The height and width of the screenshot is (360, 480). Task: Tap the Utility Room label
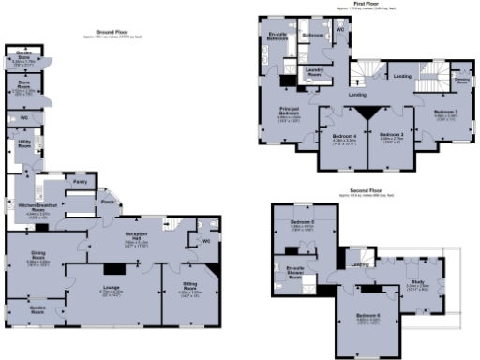24,143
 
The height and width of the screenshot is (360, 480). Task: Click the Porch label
108,200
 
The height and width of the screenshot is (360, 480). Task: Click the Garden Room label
37,308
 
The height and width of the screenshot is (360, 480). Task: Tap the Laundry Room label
315,71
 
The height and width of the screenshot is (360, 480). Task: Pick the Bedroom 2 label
445,112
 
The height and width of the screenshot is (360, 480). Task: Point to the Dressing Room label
460,82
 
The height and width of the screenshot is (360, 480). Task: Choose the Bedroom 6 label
366,317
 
